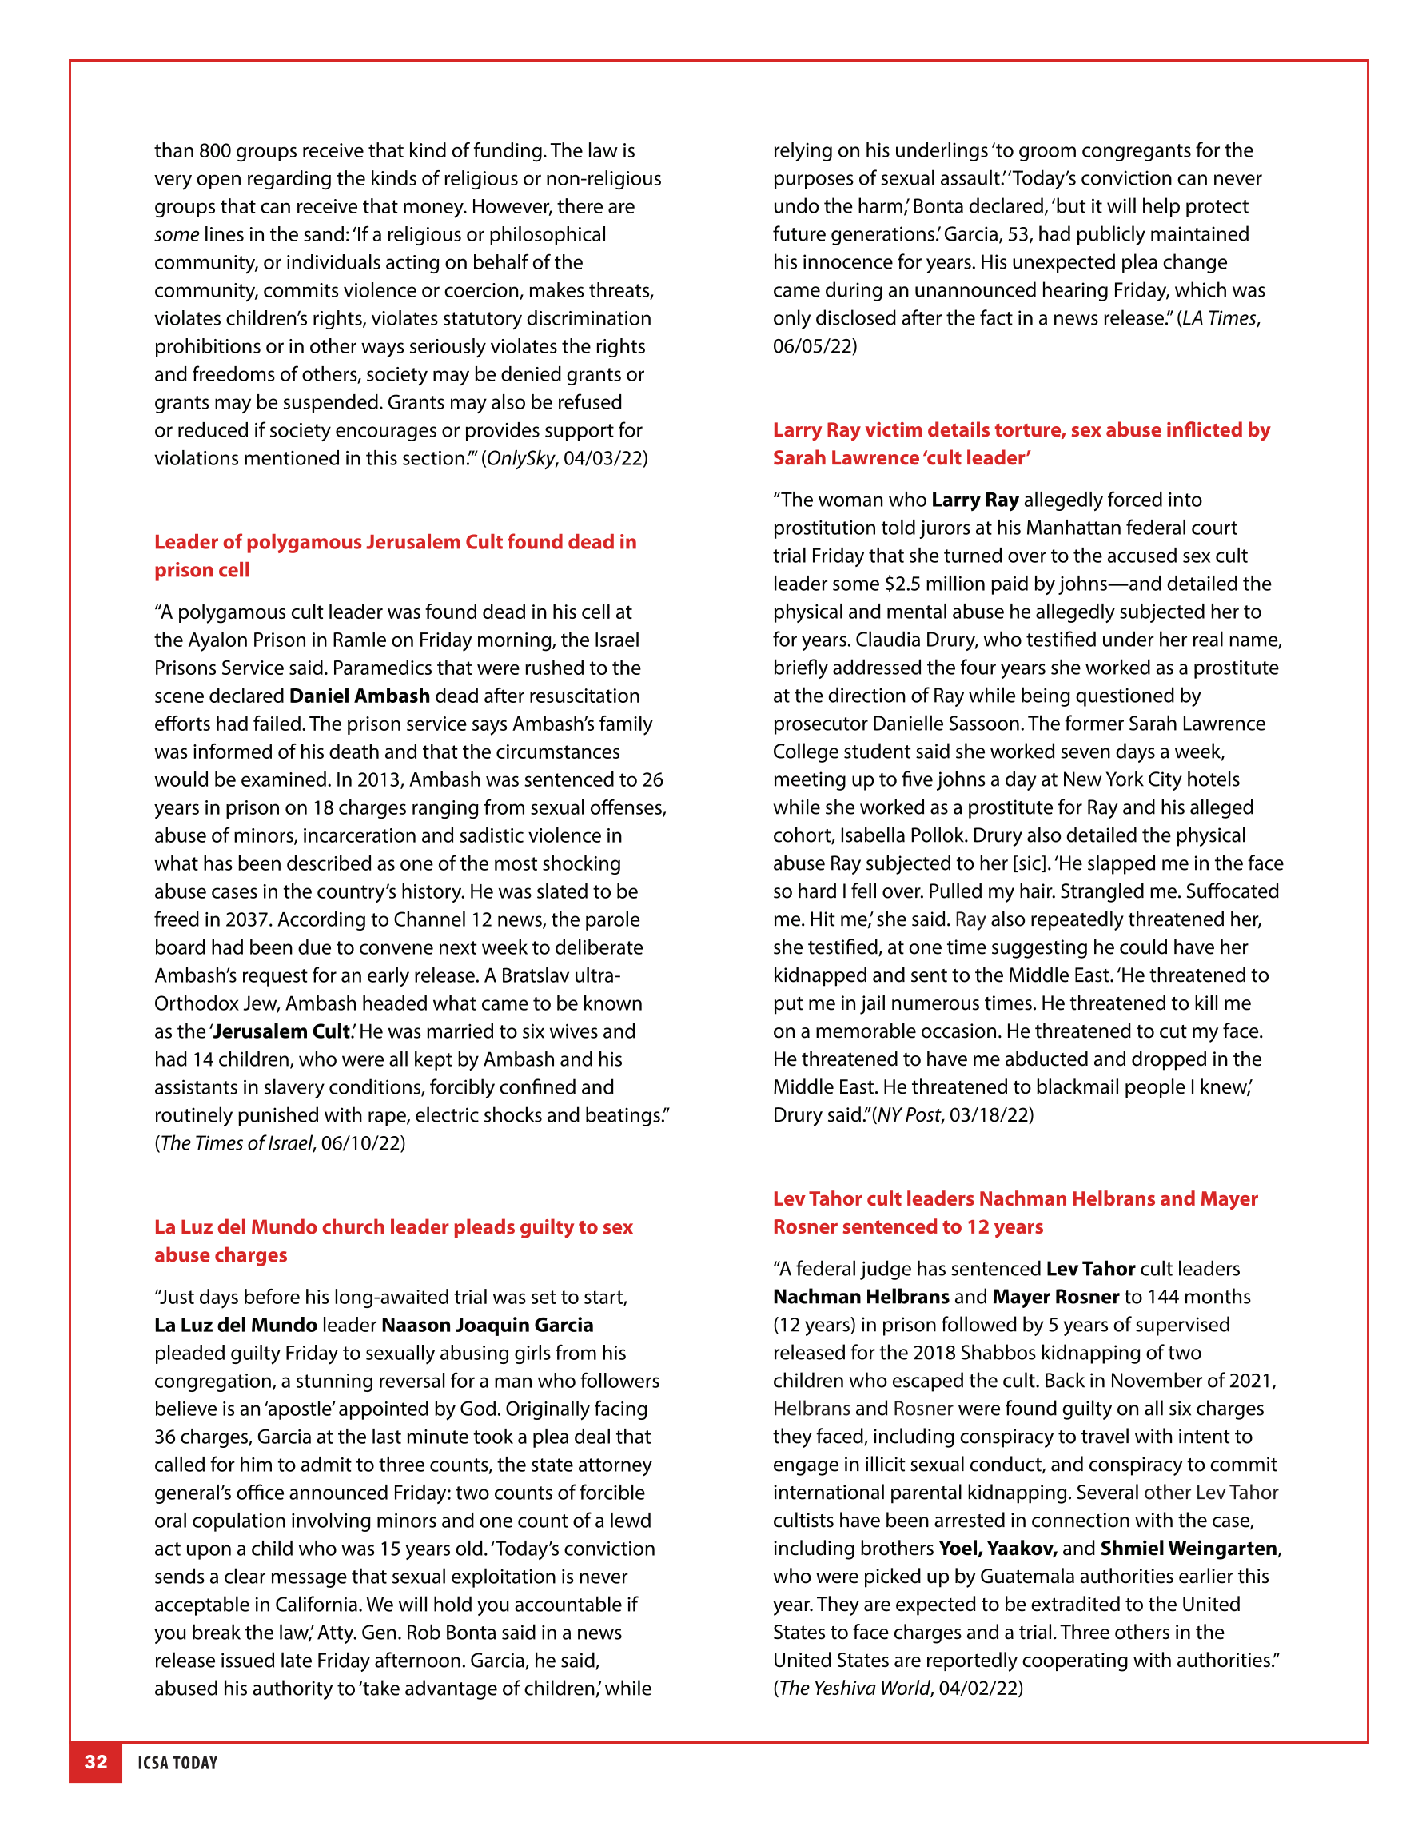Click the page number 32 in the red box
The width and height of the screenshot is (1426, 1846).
tap(95, 1762)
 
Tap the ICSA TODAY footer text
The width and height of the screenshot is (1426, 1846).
tap(177, 1763)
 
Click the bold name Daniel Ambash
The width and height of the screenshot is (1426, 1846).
tap(359, 696)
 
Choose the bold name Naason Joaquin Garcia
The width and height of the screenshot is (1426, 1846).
tap(487, 1326)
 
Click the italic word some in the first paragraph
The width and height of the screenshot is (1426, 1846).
tap(177, 235)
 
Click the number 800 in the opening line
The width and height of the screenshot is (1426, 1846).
tap(215, 151)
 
